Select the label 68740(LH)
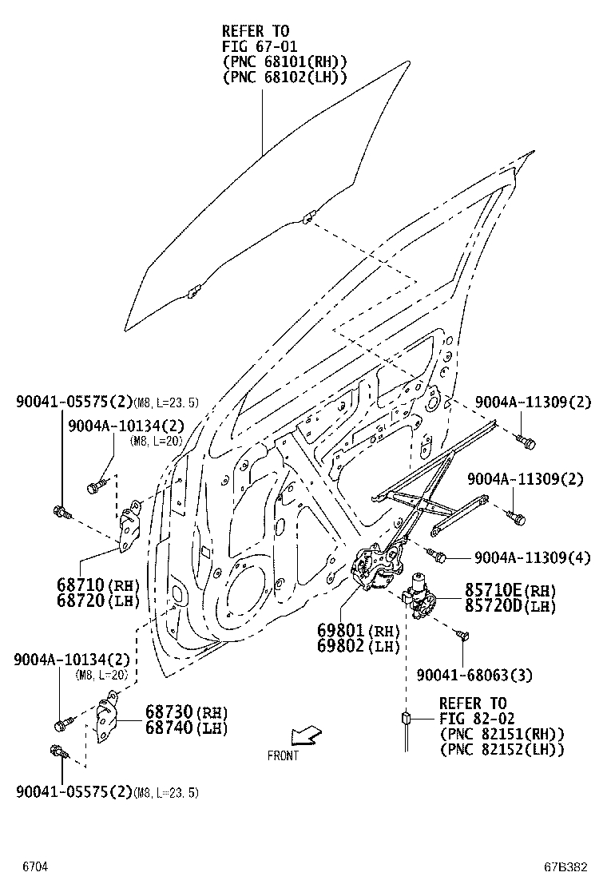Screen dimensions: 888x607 [x=186, y=728]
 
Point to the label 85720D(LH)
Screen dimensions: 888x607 [x=510, y=606]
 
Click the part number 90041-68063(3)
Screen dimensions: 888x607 [x=474, y=676]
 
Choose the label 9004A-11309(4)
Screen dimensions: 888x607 [x=532, y=558]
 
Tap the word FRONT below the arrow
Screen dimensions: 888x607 [x=283, y=755]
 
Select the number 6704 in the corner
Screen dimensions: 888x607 [x=34, y=866]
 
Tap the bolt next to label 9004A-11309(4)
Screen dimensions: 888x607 [x=434, y=553]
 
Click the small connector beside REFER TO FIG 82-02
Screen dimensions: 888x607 [x=407, y=718]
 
